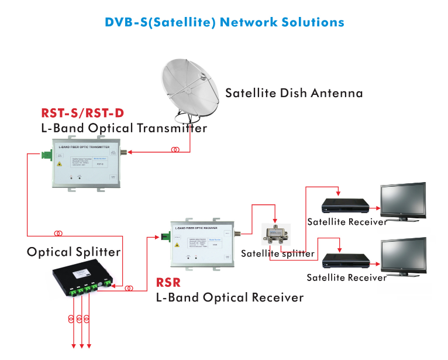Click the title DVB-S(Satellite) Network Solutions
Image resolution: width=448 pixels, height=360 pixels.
point(224,22)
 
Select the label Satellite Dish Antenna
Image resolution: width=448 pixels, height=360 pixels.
point(294,93)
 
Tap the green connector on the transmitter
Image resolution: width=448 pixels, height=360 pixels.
point(46,155)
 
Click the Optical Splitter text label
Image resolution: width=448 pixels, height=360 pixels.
point(74,252)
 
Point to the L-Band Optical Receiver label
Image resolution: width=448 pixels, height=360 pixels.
point(229,297)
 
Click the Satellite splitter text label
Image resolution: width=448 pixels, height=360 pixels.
point(278,253)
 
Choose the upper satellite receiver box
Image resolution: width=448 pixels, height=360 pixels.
point(346,205)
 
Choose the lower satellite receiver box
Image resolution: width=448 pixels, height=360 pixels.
point(346,260)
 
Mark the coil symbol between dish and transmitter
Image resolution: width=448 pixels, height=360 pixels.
point(175,150)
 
